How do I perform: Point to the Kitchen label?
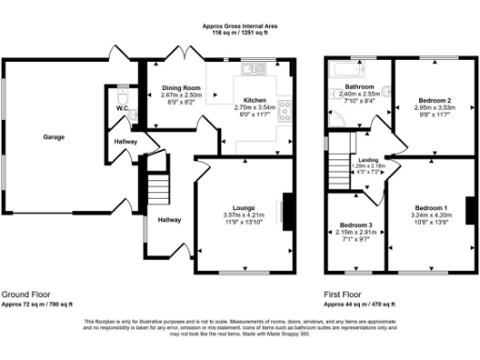tap(255, 100)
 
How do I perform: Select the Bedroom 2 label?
tap(435, 99)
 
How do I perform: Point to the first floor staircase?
tap(338, 172)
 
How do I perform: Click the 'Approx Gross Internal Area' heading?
tap(240, 28)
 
